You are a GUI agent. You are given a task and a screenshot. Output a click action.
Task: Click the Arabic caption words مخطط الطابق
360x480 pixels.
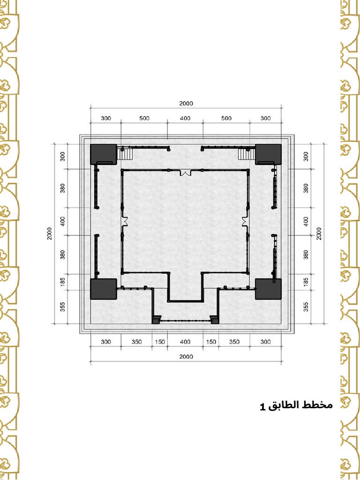click(x=300, y=405)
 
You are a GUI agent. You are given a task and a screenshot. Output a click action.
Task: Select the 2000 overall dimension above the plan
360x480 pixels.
click(x=186, y=104)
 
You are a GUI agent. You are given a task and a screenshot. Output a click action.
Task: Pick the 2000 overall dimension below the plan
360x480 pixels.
click(x=186, y=356)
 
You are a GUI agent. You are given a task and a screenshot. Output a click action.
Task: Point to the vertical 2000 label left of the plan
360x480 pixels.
click(x=50, y=233)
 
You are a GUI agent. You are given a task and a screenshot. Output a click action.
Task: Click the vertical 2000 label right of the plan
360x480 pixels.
click(x=319, y=233)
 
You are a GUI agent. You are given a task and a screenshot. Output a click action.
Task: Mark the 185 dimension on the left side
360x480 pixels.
click(x=63, y=282)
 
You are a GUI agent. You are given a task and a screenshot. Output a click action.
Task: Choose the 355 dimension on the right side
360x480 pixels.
click(x=306, y=307)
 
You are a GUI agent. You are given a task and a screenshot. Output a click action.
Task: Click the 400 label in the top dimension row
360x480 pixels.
click(x=185, y=118)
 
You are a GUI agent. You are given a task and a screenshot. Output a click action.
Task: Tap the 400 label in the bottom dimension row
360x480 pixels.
click(x=185, y=342)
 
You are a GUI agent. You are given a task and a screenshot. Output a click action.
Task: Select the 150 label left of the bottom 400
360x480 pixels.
click(x=160, y=342)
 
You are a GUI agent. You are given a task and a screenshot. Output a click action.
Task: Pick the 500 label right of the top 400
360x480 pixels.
click(x=226, y=118)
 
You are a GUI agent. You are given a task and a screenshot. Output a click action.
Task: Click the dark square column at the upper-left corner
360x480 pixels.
click(x=103, y=153)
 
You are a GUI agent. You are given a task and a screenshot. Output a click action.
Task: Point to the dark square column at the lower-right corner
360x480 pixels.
click(x=268, y=289)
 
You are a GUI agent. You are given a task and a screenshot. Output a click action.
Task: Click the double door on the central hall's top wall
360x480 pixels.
click(x=186, y=172)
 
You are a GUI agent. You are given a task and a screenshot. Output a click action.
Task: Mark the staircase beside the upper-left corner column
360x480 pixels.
click(x=127, y=154)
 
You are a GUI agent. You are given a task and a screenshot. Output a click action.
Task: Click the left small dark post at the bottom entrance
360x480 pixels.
click(x=155, y=321)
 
